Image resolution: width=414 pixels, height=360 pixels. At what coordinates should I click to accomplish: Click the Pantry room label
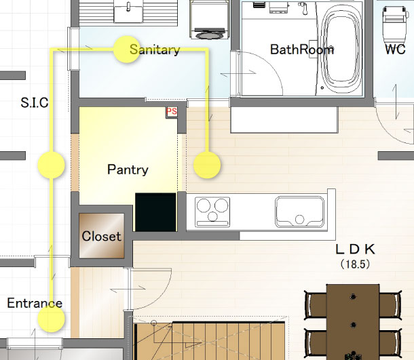[128, 169]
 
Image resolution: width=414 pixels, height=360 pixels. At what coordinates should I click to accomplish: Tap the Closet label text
[101, 236]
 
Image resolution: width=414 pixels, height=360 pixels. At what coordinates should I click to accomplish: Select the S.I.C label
[35, 102]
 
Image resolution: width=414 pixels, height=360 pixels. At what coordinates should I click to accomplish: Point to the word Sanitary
[155, 49]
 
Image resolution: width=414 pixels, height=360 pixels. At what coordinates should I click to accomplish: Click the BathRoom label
[302, 49]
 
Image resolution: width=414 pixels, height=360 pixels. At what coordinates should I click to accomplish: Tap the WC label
[395, 49]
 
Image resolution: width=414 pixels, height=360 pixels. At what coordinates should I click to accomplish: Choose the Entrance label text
[35, 303]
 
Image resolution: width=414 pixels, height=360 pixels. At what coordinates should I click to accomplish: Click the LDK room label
[356, 249]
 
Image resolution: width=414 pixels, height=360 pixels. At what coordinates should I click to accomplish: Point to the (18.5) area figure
[356, 264]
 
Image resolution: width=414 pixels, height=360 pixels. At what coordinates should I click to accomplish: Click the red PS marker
[172, 111]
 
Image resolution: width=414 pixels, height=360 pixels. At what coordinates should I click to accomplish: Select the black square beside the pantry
[155, 212]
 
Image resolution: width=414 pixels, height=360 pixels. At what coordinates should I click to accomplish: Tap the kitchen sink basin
[300, 212]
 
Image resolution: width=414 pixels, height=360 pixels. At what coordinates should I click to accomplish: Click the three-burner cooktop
[212, 212]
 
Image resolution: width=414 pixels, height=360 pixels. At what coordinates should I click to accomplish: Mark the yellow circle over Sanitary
[127, 49]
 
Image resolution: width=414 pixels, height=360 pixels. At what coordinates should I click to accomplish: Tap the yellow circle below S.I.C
[51, 165]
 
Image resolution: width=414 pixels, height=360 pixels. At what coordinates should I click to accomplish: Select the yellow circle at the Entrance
[51, 319]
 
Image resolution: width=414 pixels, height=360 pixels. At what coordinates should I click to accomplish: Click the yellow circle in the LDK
[207, 165]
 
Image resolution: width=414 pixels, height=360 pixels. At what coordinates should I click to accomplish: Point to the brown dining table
[353, 322]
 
